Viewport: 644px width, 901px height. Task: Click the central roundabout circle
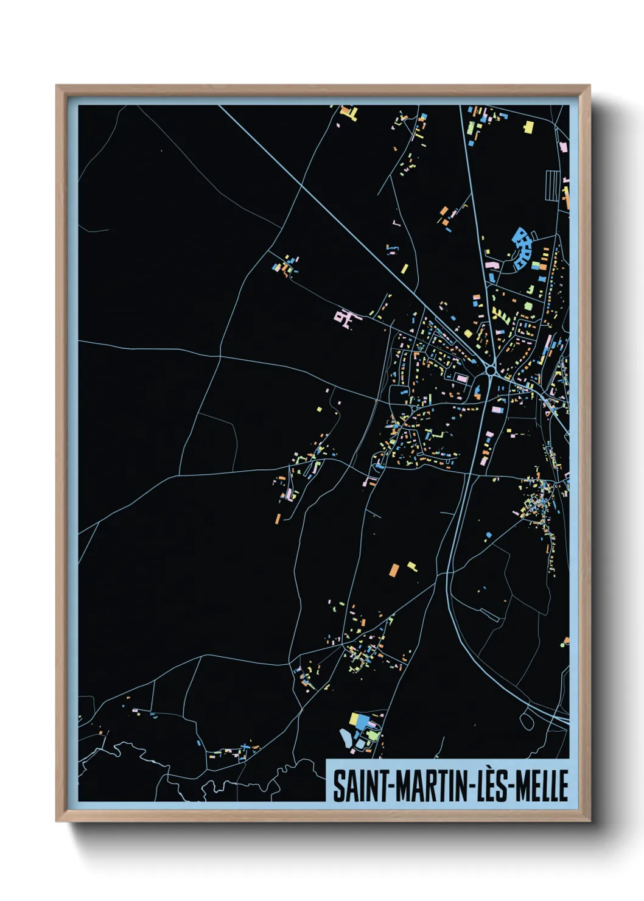tap(491, 370)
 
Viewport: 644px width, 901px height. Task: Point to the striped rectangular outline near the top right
tap(552, 184)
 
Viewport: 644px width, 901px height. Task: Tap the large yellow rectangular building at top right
tap(528, 127)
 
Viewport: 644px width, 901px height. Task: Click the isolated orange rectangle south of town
tap(394, 570)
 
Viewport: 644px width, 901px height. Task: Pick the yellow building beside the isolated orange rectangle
tap(412, 566)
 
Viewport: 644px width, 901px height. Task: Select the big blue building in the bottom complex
tap(363, 721)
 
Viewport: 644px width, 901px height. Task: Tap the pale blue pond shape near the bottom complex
tap(346, 738)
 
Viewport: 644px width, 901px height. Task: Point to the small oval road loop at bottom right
tap(527, 720)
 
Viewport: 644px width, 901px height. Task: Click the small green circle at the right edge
tap(562, 643)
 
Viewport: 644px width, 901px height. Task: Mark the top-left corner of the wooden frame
tap(57, 86)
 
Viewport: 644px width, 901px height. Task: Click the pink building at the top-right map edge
tap(564, 147)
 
